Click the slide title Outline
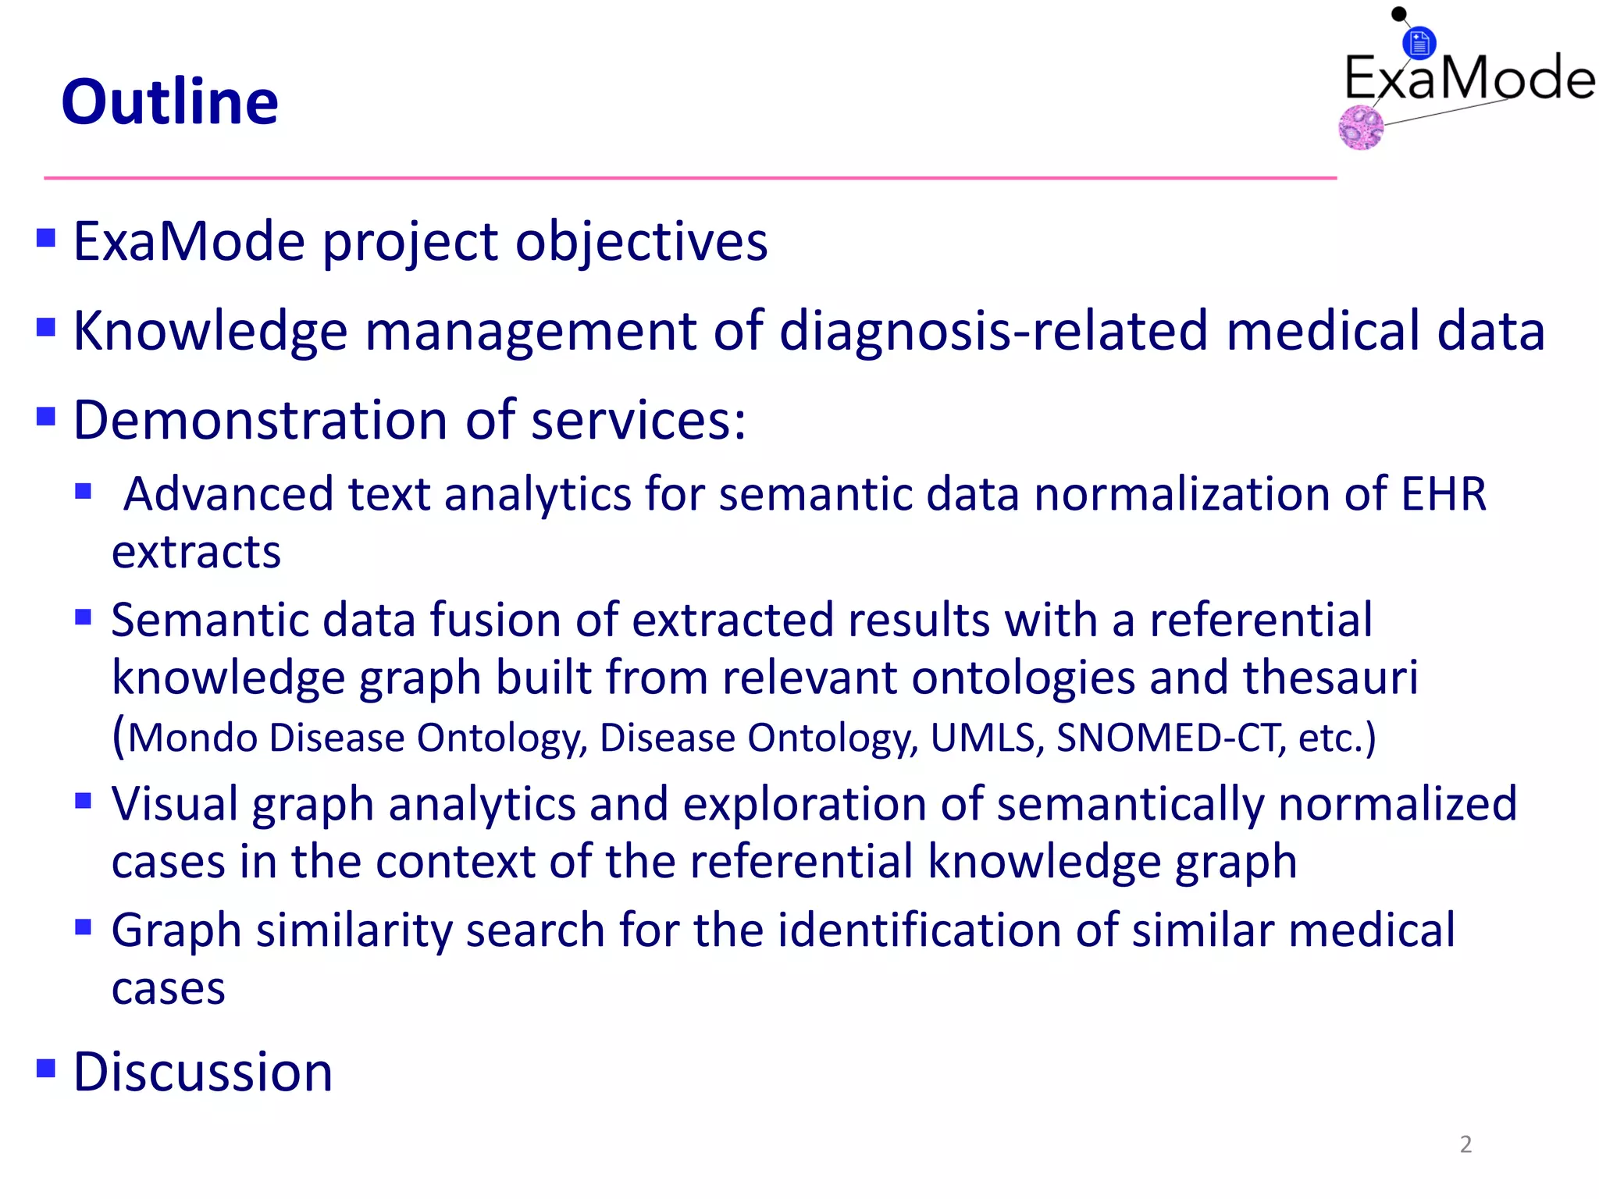pos(169,102)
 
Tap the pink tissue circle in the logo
pos(1361,127)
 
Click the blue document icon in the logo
pos(1419,43)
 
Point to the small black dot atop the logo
pos(1399,13)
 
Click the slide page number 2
pos(1465,1144)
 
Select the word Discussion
pos(203,1072)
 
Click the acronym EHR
pos(1444,494)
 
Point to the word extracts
pos(196,552)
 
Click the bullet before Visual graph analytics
pos(84,800)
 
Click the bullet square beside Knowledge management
pos(46,326)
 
